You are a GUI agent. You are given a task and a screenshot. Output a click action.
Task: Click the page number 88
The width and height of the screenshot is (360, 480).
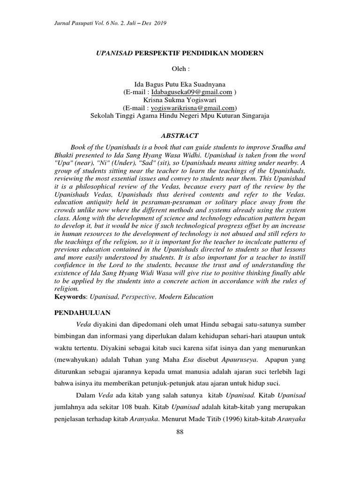pos(180,431)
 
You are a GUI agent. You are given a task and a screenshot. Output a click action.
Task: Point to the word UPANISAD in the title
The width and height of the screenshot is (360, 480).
pos(114,53)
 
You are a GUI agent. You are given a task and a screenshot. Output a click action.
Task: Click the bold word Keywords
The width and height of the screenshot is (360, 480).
pos(69,297)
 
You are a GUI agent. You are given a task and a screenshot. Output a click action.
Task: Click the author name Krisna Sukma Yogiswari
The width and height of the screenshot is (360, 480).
pos(180,100)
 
